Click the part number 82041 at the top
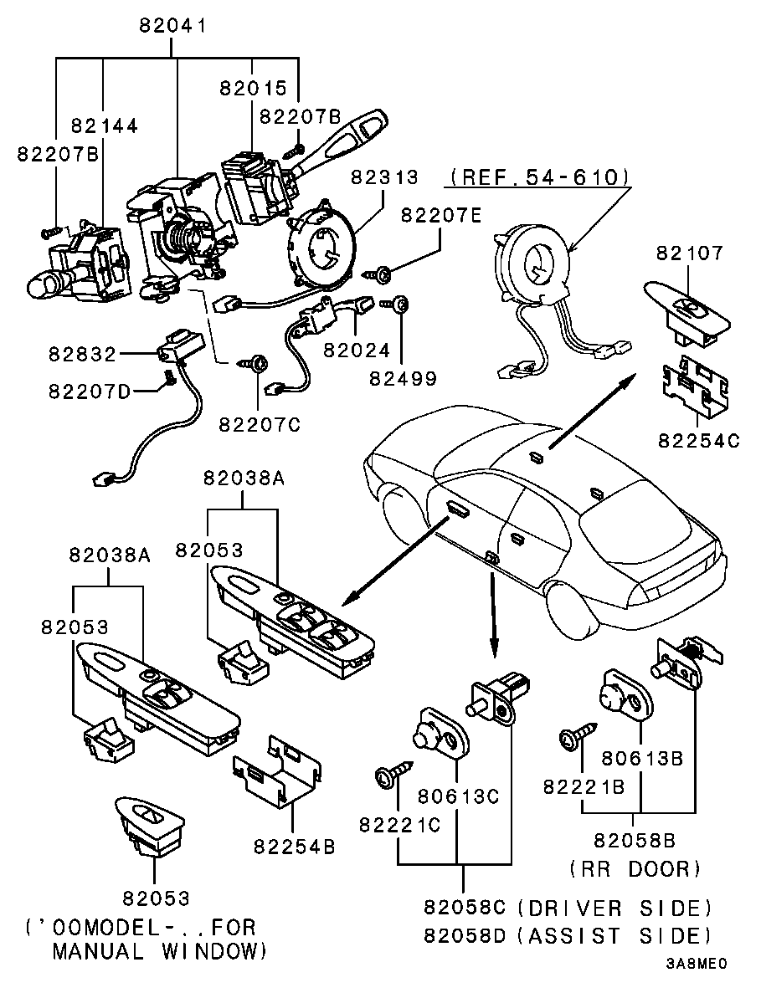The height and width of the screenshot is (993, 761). coord(173,25)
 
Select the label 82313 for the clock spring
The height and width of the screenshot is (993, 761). coord(384,178)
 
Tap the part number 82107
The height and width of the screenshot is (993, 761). coord(689,253)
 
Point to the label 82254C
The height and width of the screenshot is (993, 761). coord(698,441)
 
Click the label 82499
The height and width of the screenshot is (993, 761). coord(403,378)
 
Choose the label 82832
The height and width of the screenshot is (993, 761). coord(80,355)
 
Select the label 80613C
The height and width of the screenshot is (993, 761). coord(458,796)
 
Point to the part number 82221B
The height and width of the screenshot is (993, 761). coord(584,787)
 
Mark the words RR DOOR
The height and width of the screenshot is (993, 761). coord(635,869)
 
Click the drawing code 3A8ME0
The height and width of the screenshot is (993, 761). coord(697,963)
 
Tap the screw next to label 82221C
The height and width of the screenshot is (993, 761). coord(393,770)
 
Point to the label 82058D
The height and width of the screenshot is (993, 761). coord(465,934)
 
